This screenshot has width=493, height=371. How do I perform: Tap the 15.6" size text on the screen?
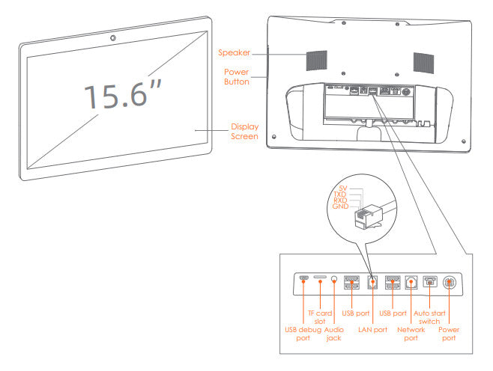(123, 96)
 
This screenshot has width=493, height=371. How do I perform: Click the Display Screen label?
(244, 132)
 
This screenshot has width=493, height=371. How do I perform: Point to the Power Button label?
(237, 76)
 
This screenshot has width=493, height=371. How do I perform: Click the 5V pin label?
(343, 188)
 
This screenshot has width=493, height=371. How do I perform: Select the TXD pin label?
(341, 194)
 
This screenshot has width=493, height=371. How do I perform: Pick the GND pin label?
(341, 206)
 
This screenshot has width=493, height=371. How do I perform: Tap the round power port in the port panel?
(449, 283)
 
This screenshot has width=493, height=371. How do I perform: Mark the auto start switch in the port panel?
(429, 282)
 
